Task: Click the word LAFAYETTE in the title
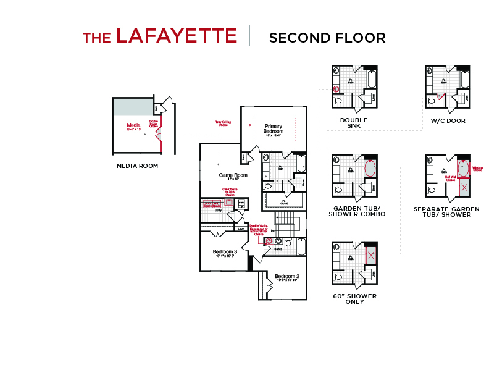(x=177, y=36)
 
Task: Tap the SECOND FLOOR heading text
(x=327, y=38)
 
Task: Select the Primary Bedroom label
(x=274, y=128)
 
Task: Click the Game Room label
(x=233, y=175)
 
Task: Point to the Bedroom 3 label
(x=225, y=252)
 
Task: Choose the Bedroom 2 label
(x=287, y=277)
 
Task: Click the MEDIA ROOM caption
(x=137, y=166)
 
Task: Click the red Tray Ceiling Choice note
(x=223, y=124)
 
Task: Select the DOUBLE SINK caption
(x=354, y=123)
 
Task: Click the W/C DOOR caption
(x=448, y=120)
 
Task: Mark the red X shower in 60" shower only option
(x=370, y=255)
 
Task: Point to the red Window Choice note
(x=477, y=168)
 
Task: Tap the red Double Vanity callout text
(x=258, y=230)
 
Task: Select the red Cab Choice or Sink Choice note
(x=230, y=191)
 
